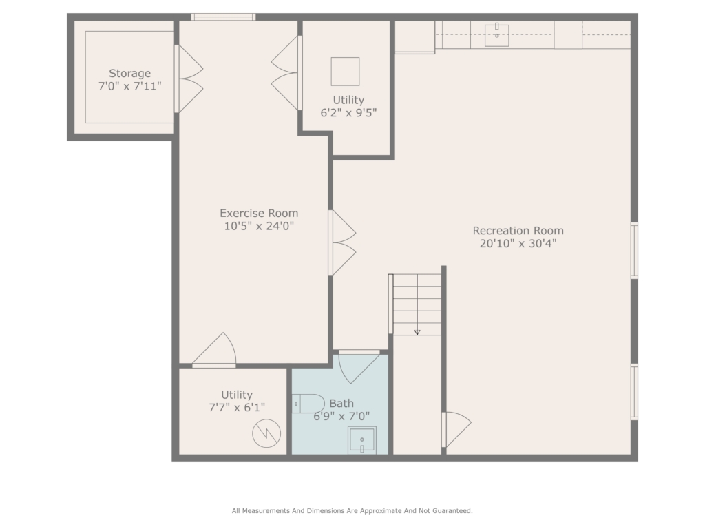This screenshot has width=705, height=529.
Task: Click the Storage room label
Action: pos(129,73)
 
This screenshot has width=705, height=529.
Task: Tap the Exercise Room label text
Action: pos(259,214)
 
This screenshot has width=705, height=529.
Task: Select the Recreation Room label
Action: pos(518,231)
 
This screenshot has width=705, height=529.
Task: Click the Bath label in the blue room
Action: pos(341,404)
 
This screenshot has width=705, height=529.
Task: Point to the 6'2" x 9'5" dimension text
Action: pos(348,112)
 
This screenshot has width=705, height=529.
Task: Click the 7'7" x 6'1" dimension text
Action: pos(237,408)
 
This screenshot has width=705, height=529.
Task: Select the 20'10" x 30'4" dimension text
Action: pos(518,243)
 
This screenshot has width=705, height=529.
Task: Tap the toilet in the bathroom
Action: pos(308,404)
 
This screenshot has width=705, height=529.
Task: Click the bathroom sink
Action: pos(362,440)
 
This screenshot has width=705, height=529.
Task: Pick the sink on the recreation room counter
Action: pos(497,35)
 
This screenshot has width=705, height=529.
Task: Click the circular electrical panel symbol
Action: pos(266,434)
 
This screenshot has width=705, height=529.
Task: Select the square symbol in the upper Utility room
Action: pos(346,72)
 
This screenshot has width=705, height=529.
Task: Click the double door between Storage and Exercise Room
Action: pos(189,79)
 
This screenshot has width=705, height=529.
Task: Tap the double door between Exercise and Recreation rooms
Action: pos(342,243)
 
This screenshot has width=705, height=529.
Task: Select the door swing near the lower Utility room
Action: pos(214,350)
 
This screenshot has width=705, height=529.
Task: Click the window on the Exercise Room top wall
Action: pos(224,17)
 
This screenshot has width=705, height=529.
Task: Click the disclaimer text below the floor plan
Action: pos(352,511)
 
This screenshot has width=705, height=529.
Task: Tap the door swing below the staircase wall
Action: pos(456,430)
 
